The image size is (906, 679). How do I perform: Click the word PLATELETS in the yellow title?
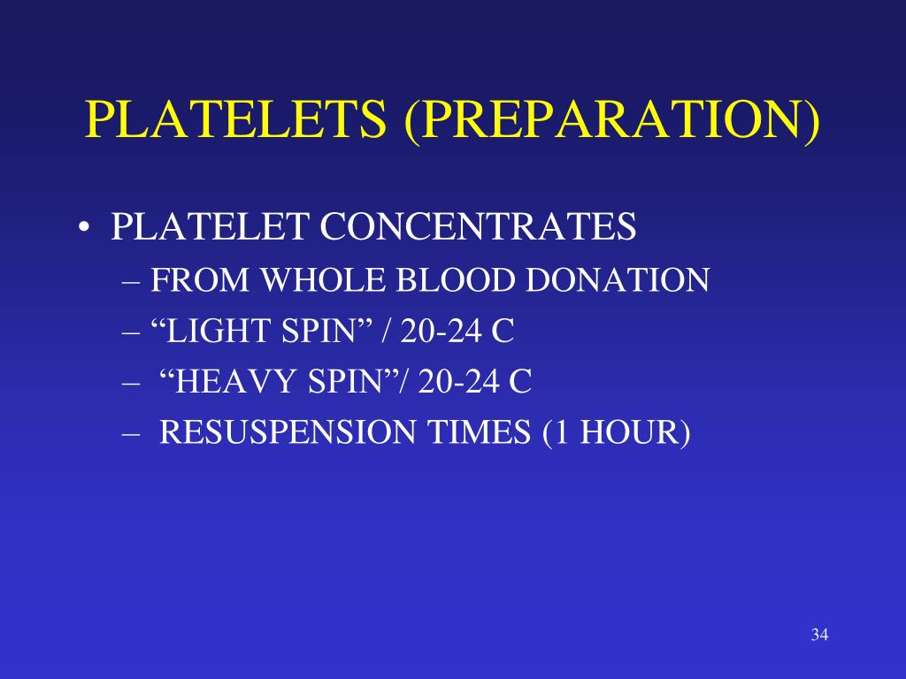pyautogui.click(x=236, y=120)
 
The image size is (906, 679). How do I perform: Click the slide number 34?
pyautogui.click(x=818, y=634)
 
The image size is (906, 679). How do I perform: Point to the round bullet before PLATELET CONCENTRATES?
pyautogui.click(x=83, y=230)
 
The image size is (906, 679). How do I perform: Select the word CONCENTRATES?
pyautogui.click(x=478, y=227)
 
